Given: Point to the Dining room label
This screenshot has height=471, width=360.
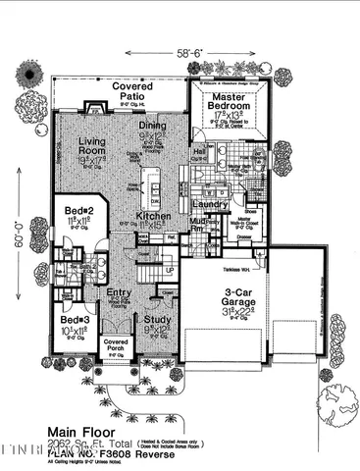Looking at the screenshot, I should coord(151,126).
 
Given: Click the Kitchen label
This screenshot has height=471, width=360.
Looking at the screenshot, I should coord(154,214).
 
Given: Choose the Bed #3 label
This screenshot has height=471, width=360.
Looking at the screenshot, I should coord(75,321).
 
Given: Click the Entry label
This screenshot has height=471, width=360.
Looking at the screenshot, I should coord(119,292).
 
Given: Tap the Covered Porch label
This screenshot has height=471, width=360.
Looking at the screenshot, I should coord(116,344).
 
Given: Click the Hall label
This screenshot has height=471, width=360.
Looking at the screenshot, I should coord(198,152).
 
